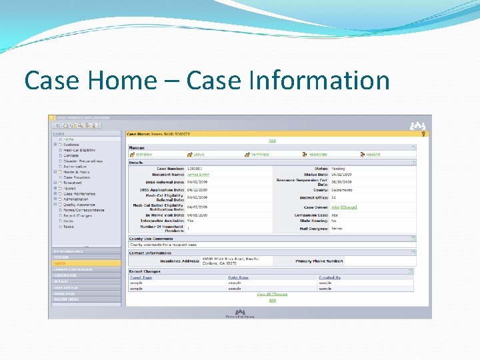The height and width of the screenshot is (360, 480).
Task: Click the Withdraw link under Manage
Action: (144, 154)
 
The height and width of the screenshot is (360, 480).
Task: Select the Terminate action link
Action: (260, 154)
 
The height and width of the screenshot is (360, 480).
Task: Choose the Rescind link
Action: (373, 154)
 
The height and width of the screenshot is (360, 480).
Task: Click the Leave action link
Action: (199, 154)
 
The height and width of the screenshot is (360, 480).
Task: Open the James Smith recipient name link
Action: (198, 175)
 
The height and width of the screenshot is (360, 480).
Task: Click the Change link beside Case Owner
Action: (349, 207)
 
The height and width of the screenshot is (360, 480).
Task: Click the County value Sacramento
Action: (342, 190)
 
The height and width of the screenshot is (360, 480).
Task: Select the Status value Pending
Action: (339, 169)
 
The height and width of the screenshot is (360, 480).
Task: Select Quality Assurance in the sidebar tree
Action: (81, 205)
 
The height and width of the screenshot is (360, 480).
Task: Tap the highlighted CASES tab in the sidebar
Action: (59, 263)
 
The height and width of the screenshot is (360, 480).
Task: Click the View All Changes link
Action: (272, 294)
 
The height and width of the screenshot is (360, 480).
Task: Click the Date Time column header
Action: (238, 277)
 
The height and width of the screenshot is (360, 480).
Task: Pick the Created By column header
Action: (329, 277)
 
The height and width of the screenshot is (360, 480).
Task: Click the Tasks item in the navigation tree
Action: (68, 227)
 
